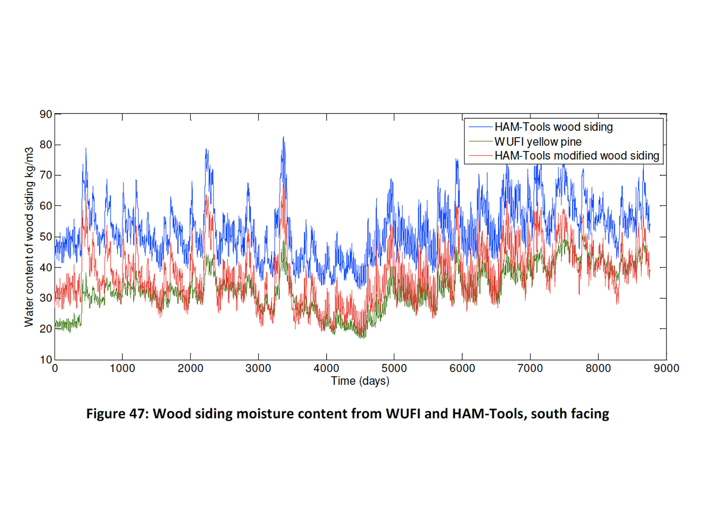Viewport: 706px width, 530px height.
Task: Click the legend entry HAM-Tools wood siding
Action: click(554, 127)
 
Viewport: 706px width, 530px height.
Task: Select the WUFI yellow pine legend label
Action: click(538, 141)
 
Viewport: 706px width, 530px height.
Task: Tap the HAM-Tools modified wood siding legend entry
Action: click(577, 155)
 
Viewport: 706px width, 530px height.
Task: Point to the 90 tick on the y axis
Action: click(46, 114)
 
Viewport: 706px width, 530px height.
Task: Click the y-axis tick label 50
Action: click(46, 237)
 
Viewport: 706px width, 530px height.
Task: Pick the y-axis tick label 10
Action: click(46, 359)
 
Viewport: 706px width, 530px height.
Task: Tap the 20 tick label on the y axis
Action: click(46, 329)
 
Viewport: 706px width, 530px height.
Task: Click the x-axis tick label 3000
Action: click(258, 368)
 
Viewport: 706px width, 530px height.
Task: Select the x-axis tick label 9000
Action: click(666, 368)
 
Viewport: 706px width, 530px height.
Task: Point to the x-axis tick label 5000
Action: click(394, 368)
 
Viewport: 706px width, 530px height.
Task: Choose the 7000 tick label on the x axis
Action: click(530, 368)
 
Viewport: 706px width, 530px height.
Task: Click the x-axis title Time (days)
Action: click(360, 381)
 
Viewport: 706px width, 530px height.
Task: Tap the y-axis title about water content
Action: click(29, 237)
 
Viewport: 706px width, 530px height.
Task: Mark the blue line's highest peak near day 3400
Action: click(283, 137)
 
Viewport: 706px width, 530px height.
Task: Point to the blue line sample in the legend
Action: click(480, 127)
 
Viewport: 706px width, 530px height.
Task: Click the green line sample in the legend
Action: click(480, 141)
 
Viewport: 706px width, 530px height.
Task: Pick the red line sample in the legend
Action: click(480, 156)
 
